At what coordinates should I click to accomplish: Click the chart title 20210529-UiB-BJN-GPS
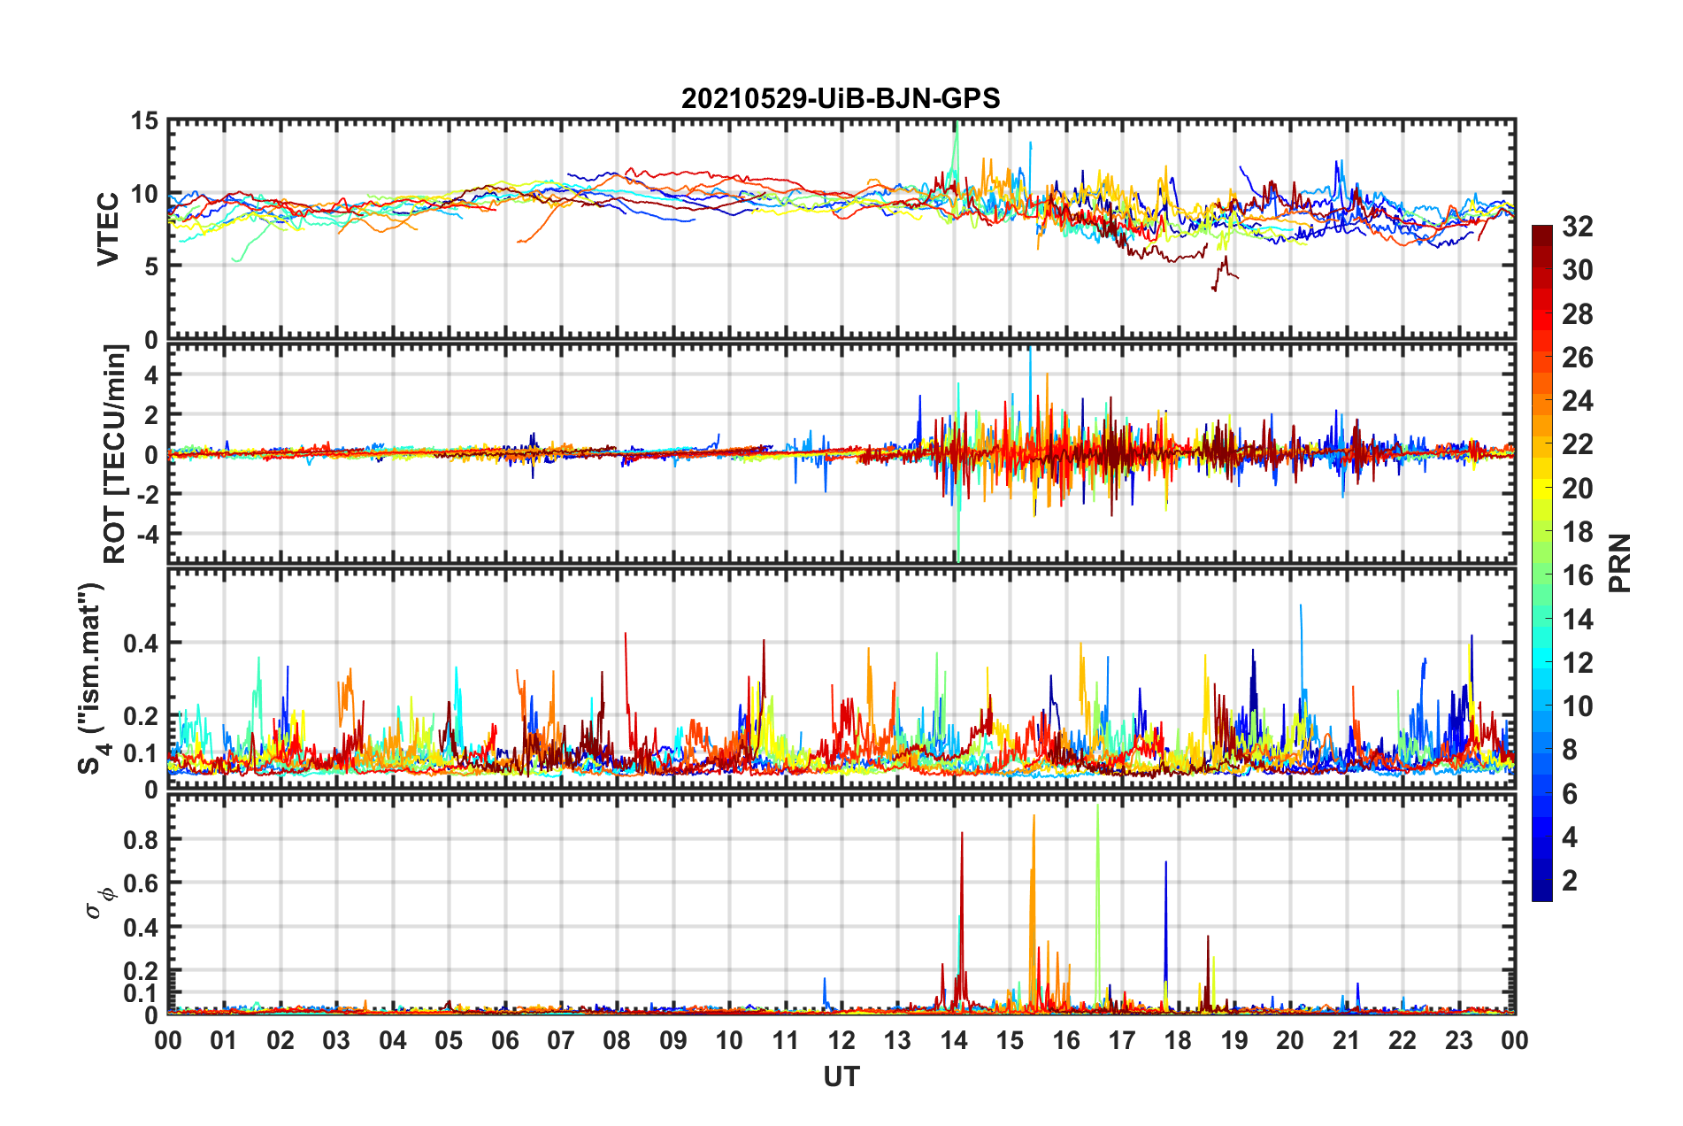point(841,98)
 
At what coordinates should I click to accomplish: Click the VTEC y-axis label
point(108,228)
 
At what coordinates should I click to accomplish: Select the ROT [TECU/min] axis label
point(115,454)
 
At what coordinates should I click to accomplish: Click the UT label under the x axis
point(841,1076)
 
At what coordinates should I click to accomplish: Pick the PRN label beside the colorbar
point(1619,563)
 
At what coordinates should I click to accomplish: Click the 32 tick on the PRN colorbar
point(1577,227)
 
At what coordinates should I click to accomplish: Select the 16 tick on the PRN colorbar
point(1577,575)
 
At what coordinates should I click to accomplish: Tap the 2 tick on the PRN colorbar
point(1570,880)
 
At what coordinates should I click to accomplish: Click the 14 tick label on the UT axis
point(954,1040)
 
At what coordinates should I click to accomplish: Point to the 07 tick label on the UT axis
point(561,1040)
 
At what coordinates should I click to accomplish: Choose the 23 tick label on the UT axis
point(1459,1040)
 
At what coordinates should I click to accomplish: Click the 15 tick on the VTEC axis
point(144,120)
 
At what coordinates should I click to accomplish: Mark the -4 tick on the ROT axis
point(147,534)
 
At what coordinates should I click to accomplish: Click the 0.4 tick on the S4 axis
point(141,643)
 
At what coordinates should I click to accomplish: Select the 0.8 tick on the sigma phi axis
point(141,839)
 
